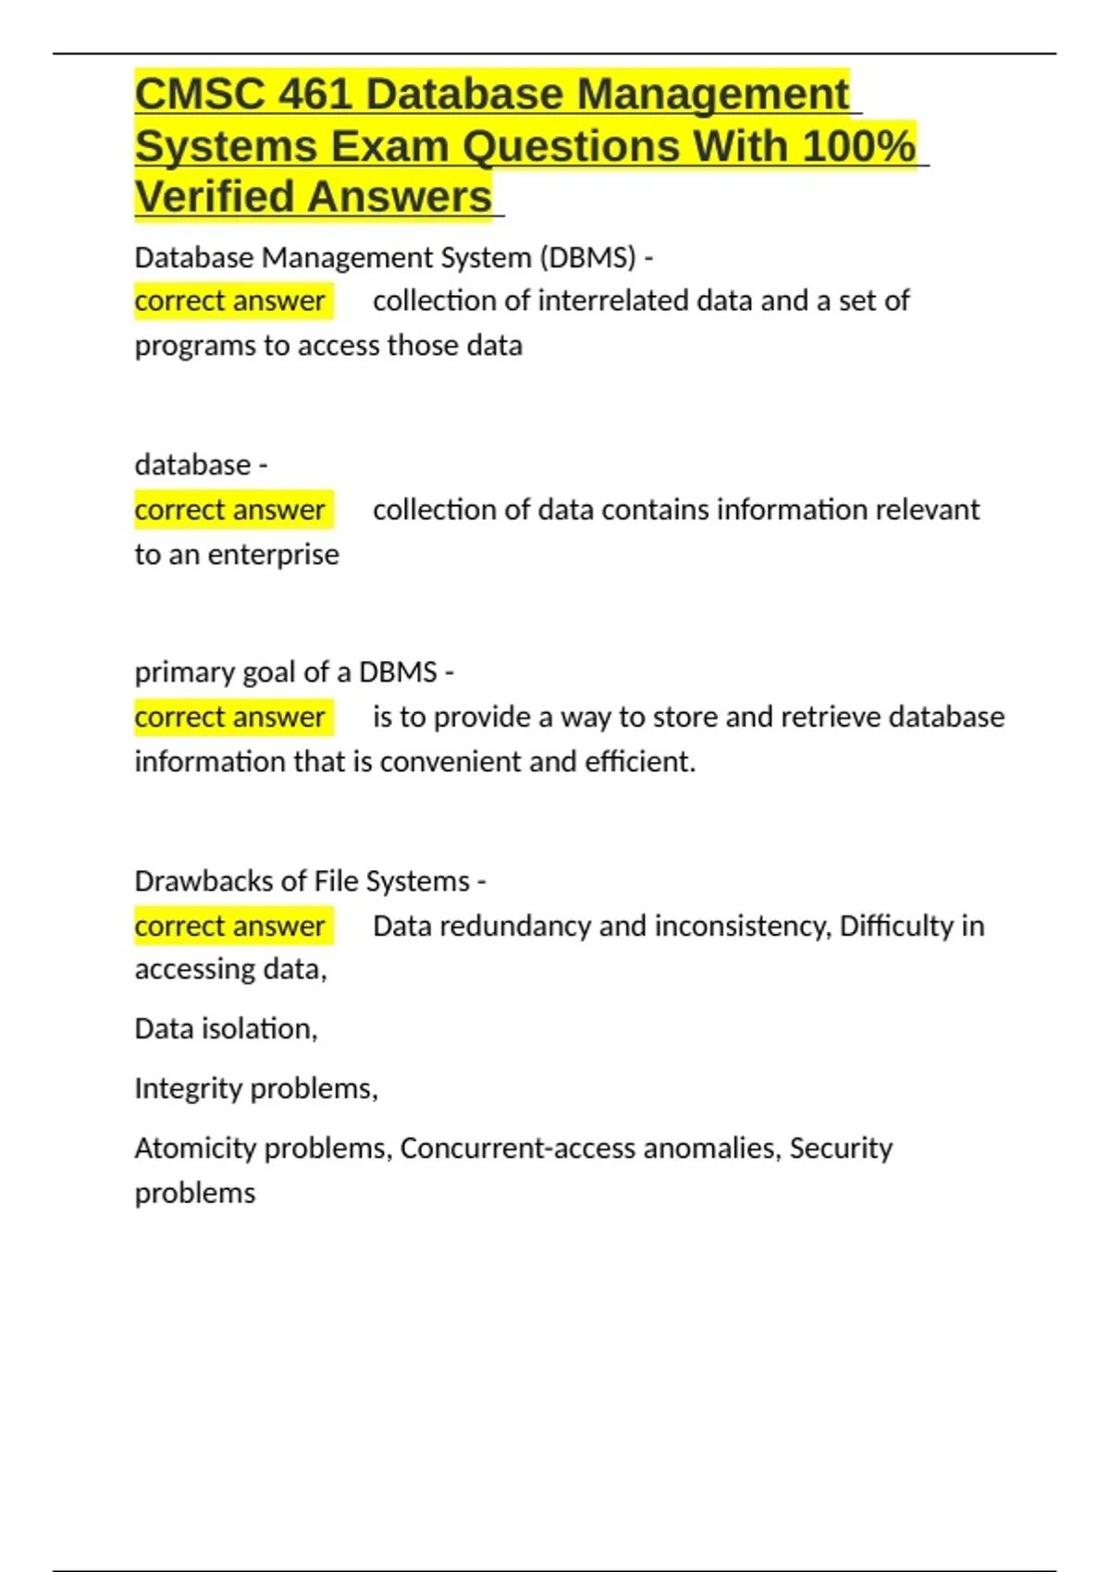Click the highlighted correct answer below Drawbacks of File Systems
pos(229,926)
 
